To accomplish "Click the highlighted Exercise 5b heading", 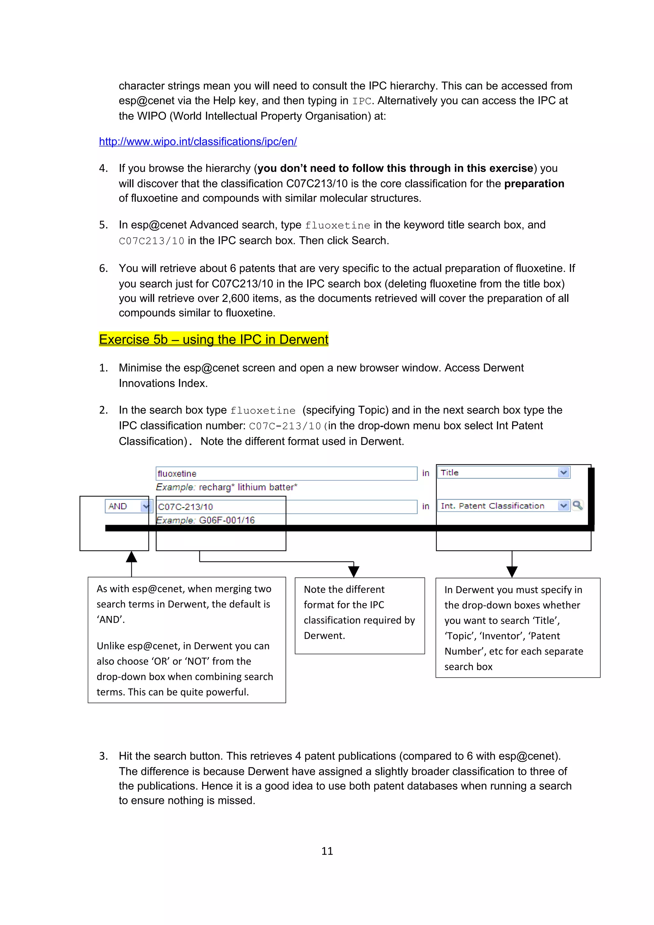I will pyautogui.click(x=214, y=339).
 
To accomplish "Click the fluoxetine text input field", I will pyautogui.click(x=286, y=473).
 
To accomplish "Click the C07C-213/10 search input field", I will pyautogui.click(x=286, y=507).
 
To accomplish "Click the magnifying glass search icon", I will pyautogui.click(x=577, y=505).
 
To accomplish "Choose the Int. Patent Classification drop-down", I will pyautogui.click(x=503, y=506).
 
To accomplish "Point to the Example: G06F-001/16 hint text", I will pyautogui.click(x=206, y=520).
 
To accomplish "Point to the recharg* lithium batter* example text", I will pyautogui.click(x=247, y=487).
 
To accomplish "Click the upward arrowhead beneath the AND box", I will pyautogui.click(x=131, y=557).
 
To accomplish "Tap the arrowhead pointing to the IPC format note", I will pyautogui.click(x=354, y=571).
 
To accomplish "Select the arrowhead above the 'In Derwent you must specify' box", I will pyautogui.click(x=512, y=572).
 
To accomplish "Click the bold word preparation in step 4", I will pyautogui.click(x=534, y=184).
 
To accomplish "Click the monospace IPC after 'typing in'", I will pyautogui.click(x=361, y=101).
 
